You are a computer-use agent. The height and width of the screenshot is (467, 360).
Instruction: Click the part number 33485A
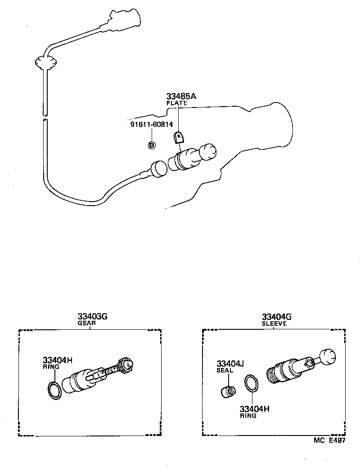pos(181,97)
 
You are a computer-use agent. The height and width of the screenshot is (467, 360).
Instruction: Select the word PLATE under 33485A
pos(177,103)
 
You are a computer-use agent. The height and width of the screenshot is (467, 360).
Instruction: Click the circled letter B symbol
pos(152,145)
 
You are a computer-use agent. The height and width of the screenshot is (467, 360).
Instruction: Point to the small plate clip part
pos(179,136)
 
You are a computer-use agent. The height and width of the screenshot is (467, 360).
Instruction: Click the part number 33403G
pos(92,316)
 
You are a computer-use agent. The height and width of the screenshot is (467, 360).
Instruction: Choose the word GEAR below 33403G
pos(86,323)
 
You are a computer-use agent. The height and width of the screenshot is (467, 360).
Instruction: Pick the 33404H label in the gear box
pos(58,360)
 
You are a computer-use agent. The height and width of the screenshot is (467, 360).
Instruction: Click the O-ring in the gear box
pos(54,390)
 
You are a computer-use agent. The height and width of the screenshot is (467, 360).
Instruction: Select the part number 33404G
pos(277,316)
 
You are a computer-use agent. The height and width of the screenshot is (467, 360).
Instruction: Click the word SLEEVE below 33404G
pos(274,323)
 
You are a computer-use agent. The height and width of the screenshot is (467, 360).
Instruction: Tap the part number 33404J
pos(230,364)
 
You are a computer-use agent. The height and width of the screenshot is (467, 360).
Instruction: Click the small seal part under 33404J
pos(229,391)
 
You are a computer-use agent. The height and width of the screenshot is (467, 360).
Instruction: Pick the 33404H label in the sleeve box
pos(254,409)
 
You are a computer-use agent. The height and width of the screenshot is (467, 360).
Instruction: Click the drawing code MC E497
pos(330,441)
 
